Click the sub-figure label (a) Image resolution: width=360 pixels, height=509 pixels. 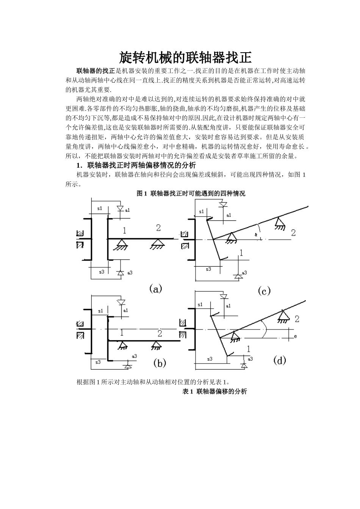coord(155,289)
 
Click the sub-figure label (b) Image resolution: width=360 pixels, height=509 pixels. coord(160,363)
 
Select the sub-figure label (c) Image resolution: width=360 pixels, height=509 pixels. coord(264,291)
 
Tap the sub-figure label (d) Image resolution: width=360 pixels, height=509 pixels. coord(279,360)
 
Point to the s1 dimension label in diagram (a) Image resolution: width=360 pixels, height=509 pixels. coord(100,208)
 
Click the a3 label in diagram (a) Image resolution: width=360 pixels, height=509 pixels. coord(130,272)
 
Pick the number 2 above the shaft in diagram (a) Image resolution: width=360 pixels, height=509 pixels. coord(158,228)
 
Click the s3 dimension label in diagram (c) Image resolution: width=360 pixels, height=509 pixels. coord(208,269)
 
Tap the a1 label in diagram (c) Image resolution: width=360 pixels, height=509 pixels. coord(229,215)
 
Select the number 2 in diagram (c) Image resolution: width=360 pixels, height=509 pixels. coord(293,233)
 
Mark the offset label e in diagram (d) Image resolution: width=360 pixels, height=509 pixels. coord(295,336)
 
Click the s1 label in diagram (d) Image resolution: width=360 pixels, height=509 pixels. coord(200,304)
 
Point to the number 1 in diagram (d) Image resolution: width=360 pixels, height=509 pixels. coord(249,348)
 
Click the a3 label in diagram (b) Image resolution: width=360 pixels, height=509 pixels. coord(134,356)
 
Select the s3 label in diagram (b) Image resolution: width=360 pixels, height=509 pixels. coord(98,362)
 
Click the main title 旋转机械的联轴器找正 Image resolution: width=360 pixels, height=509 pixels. coord(185,58)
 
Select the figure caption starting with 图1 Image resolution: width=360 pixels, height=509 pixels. coord(191,194)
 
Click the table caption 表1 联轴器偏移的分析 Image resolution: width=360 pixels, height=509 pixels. coord(214,392)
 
